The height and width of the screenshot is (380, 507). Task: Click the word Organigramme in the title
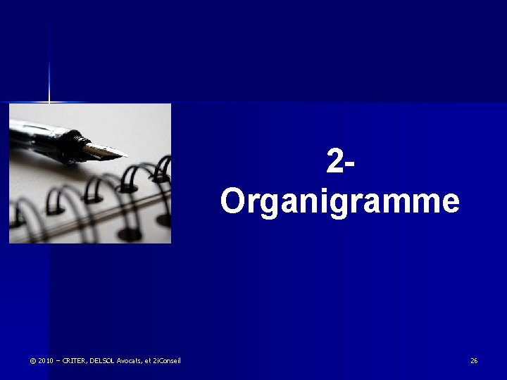tap(339, 201)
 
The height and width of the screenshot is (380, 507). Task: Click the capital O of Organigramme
tap(232, 201)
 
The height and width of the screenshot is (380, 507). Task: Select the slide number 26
tap(474, 361)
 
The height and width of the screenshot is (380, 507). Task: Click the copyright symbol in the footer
tap(32, 361)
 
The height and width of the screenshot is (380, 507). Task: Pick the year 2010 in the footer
tap(46, 361)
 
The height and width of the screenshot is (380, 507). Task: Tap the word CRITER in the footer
tap(73, 361)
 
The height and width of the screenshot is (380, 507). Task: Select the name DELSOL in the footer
tap(101, 361)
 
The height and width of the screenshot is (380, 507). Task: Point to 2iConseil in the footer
tap(168, 361)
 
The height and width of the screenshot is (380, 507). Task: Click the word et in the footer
tap(148, 361)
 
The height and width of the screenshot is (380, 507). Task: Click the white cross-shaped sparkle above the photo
tap(49, 102)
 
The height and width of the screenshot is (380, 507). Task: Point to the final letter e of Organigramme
tap(450, 202)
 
